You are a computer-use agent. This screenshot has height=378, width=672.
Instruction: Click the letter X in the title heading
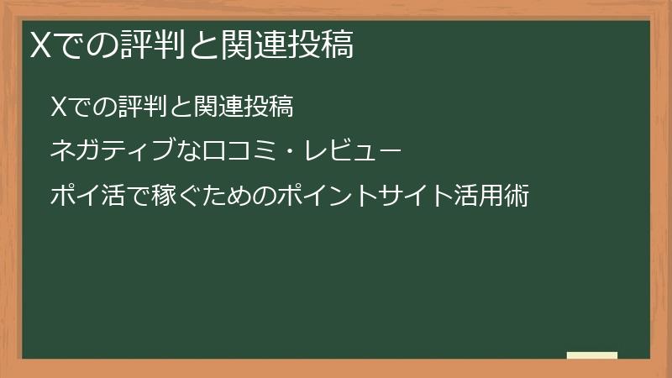[39, 45]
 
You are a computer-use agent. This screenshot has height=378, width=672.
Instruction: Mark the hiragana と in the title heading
[199, 45]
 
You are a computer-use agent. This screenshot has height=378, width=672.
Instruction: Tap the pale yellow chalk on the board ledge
[591, 355]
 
